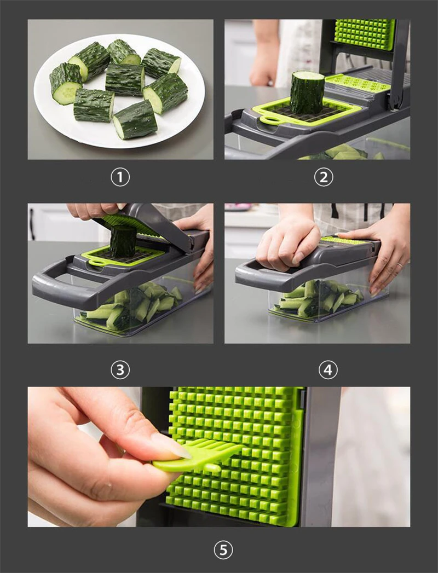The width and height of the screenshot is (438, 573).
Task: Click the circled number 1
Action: point(120,177)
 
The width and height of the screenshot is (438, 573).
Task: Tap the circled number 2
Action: point(324,177)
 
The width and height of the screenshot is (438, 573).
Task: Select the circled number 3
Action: point(120,370)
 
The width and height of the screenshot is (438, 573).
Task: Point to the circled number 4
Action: point(328,370)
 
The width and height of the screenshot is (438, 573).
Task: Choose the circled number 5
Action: point(223,550)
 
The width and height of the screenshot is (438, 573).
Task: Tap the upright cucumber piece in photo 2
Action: point(308,92)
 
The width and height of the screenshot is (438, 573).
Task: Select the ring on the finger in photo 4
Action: point(400,264)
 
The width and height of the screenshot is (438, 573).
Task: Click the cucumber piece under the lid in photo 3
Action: point(123,240)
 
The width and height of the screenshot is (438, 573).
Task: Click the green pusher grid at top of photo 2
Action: point(365,34)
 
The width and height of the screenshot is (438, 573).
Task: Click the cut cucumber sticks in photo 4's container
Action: point(318,298)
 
